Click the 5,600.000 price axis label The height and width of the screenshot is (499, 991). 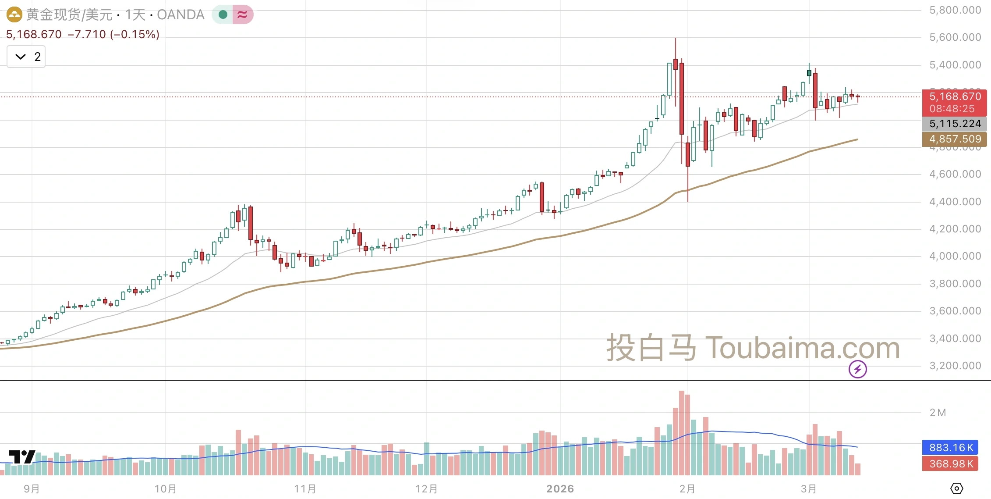[955, 37]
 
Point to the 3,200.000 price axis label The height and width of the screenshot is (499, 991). [955, 366]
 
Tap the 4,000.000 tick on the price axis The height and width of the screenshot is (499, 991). [955, 256]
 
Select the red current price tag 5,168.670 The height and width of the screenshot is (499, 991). [954, 97]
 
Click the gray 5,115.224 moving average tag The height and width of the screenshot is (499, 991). [954, 124]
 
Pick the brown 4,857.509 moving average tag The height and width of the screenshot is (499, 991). [954, 139]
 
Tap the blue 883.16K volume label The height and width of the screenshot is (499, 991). [950, 447]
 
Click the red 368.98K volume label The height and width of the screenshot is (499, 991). [950, 463]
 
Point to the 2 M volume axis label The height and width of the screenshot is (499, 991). [938, 413]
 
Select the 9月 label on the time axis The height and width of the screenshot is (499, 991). [32, 488]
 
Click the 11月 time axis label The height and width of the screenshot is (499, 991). [305, 488]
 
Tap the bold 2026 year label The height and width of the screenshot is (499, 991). [560, 488]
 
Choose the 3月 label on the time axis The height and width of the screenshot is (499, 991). [809, 488]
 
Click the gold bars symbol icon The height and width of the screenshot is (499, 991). [14, 14]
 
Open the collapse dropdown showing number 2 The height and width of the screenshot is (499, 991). [26, 57]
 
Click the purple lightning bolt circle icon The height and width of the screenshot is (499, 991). [857, 369]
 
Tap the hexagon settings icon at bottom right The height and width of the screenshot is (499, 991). [957, 488]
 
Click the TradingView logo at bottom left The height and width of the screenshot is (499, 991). [22, 457]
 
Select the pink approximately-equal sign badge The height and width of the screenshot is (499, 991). [243, 14]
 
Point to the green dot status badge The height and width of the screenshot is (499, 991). [223, 14]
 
